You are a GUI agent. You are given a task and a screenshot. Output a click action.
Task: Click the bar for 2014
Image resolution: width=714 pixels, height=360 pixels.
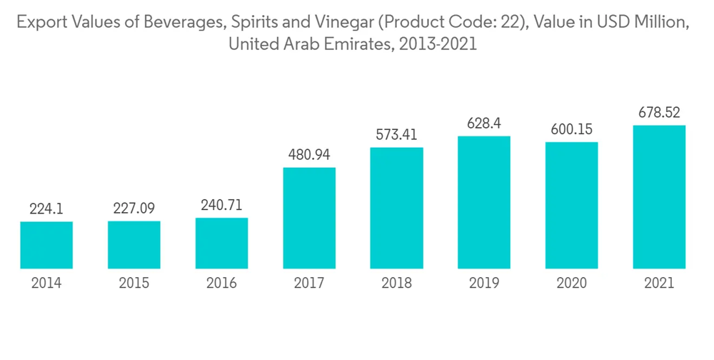46,245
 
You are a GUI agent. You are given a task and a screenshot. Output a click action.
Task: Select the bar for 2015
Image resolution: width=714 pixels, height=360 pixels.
134,245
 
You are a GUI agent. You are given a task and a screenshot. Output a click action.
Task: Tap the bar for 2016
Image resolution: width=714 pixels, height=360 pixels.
221,244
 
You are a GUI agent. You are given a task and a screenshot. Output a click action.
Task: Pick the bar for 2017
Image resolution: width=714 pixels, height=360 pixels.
309,219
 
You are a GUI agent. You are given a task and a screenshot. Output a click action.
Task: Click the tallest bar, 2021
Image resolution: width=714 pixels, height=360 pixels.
659,197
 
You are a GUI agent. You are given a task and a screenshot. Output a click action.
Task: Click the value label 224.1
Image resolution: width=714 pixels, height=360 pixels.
46,209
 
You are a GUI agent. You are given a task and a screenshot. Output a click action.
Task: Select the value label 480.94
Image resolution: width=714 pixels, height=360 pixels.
309,155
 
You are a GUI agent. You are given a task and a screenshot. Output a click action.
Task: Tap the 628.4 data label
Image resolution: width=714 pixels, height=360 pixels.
484,124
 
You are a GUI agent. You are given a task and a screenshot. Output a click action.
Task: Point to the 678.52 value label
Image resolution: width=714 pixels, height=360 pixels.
659,113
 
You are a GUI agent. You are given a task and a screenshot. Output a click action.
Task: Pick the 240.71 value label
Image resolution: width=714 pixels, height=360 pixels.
221,205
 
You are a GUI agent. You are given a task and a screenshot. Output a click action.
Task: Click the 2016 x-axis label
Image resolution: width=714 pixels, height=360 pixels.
221,284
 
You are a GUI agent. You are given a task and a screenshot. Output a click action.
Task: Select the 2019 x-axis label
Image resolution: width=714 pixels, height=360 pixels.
484,284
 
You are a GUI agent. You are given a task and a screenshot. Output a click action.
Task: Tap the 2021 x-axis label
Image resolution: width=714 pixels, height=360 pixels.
659,284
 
